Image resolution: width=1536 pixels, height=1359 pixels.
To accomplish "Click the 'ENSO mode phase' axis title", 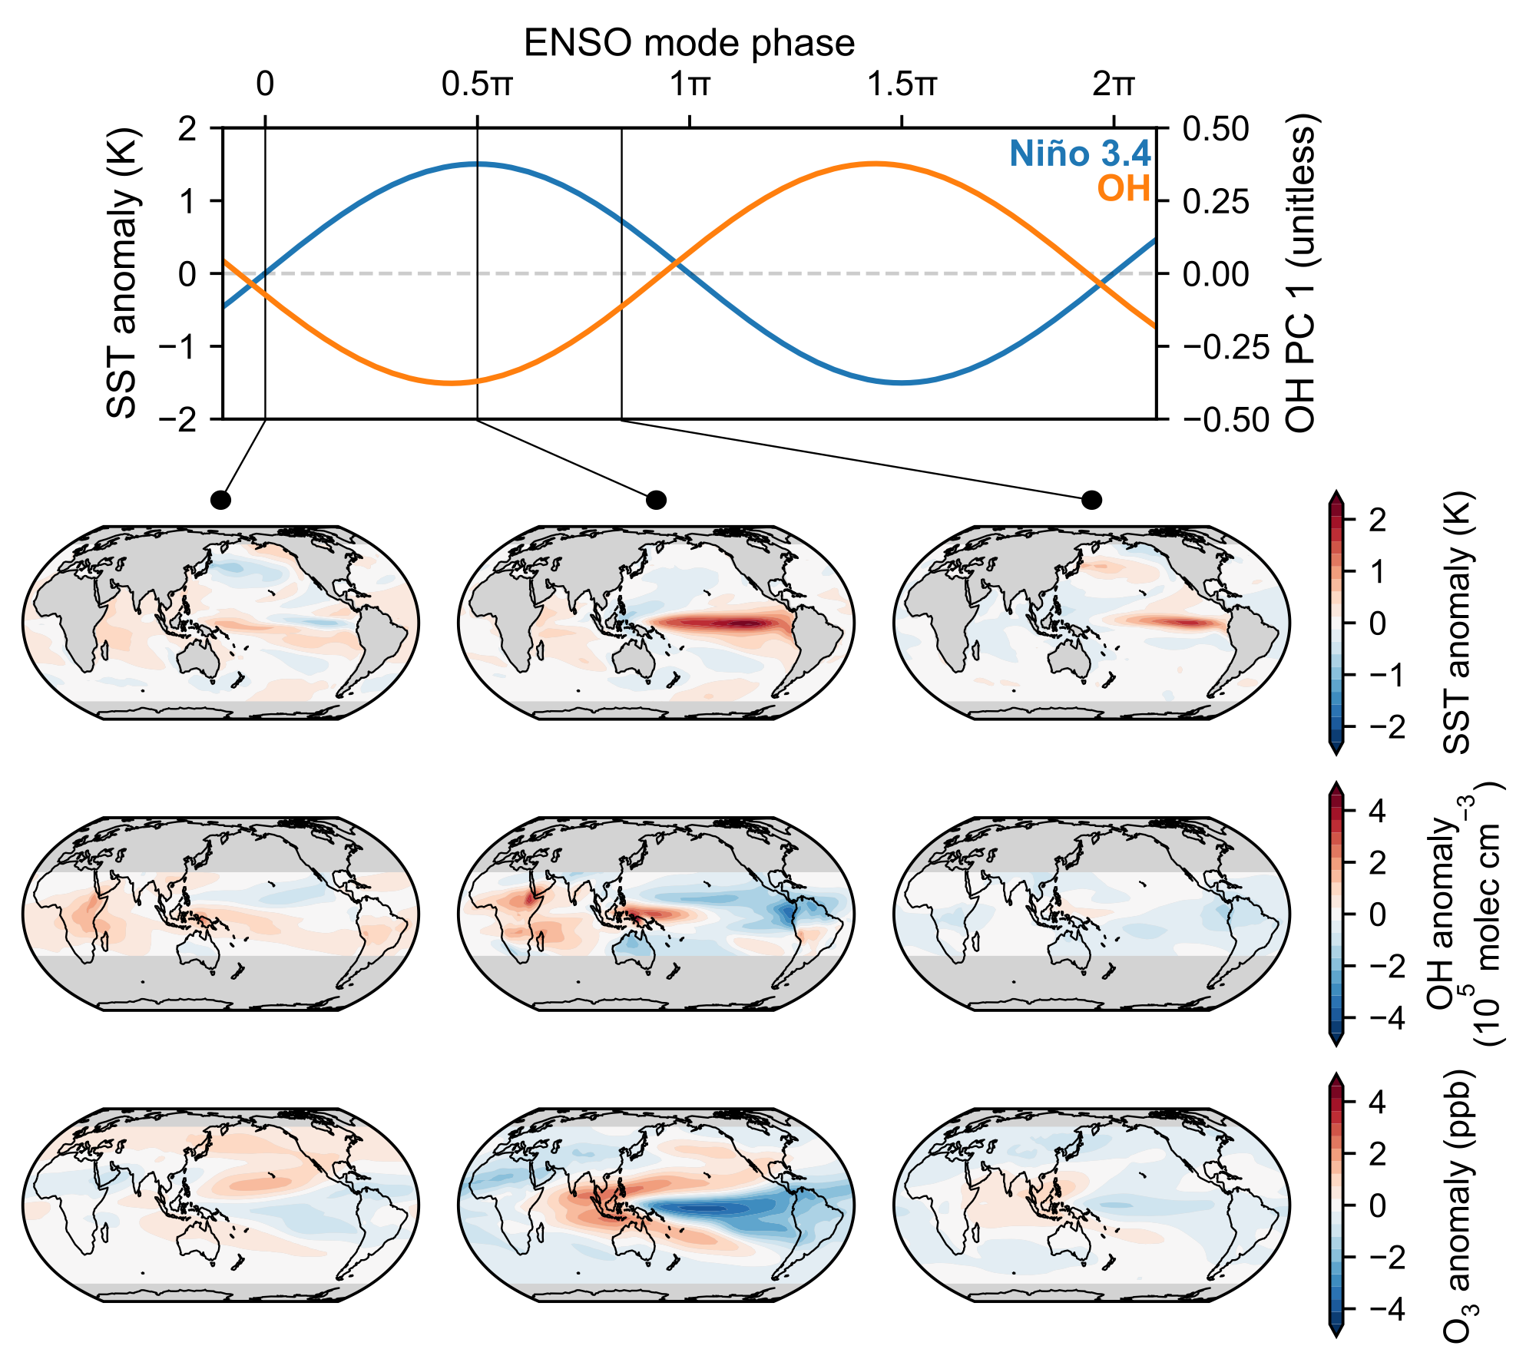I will click(x=689, y=43).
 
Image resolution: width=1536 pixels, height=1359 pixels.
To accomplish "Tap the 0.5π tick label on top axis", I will click(x=477, y=84).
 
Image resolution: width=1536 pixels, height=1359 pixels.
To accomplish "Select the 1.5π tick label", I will click(x=902, y=84).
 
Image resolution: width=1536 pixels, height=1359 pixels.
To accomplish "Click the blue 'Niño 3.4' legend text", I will click(x=1080, y=154).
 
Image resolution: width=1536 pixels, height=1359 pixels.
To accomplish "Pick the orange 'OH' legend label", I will click(x=1123, y=188).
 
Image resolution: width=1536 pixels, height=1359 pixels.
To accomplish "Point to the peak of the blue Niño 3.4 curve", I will click(x=477, y=164).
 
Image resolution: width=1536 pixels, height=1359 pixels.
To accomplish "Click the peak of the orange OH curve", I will click(x=874, y=164).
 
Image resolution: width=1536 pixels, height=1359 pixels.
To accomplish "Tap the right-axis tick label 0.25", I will click(x=1216, y=201).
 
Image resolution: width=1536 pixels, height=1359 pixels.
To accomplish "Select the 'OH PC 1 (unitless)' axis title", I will click(x=1299, y=273).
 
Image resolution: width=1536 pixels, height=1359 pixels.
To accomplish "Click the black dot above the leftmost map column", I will click(x=220, y=501).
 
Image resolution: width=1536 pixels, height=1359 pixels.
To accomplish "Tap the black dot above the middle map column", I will click(x=656, y=501).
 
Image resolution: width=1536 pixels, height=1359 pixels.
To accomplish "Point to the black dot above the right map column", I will click(x=1091, y=501).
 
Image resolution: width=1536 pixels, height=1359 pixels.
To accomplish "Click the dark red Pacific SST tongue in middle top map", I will click(x=737, y=623).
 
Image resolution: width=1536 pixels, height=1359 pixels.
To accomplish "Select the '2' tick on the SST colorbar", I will click(x=1377, y=521).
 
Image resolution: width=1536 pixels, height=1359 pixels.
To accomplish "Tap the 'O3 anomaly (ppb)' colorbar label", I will click(x=1457, y=1205).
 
